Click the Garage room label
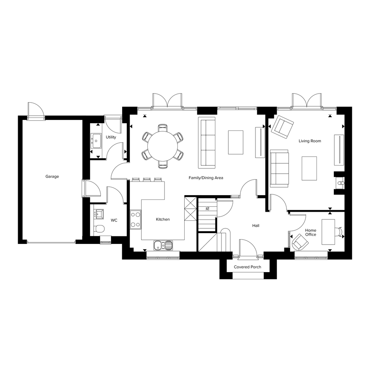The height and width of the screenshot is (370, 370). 52,176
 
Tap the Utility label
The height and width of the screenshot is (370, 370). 111,137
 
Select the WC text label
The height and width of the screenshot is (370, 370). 114,220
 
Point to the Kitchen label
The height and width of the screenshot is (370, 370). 163,219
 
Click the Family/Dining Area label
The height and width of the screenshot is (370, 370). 206,178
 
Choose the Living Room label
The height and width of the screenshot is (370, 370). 310,141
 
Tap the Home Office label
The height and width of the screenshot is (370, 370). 310,232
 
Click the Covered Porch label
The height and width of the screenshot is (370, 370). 248,267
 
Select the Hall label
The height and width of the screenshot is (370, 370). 256,225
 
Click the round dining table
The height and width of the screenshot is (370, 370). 163,146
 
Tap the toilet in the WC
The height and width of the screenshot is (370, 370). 99,229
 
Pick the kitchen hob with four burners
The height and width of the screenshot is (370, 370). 136,220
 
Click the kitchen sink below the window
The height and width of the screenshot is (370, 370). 163,246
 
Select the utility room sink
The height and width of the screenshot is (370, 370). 96,141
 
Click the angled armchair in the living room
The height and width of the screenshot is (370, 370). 283,127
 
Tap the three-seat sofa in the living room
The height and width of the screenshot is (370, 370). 279,168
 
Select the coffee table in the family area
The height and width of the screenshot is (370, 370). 236,142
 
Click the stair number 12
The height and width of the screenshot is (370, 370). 207,208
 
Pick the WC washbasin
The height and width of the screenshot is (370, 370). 99,214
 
